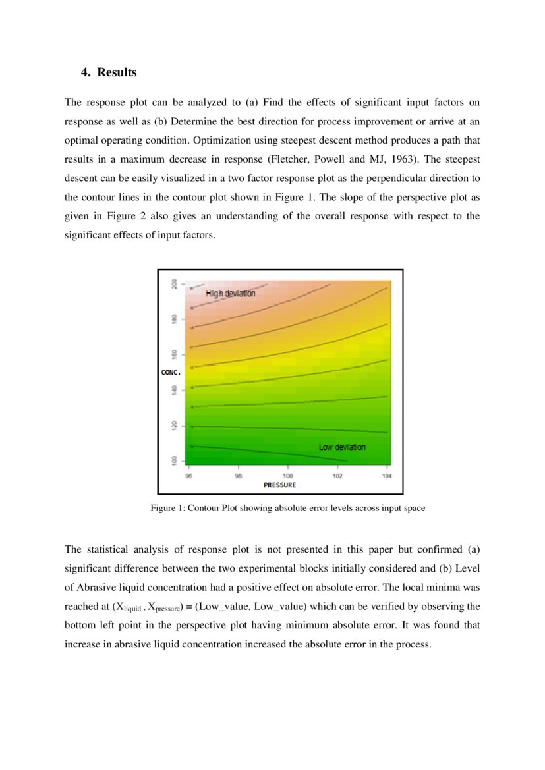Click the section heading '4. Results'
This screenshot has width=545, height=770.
click(x=109, y=72)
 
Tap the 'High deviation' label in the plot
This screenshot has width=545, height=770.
click(x=230, y=294)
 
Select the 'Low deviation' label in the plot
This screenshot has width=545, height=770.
click(x=341, y=447)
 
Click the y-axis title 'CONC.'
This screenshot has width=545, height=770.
click(x=171, y=373)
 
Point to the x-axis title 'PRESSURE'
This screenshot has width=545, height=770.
click(x=279, y=485)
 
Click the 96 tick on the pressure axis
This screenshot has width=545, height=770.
click(x=189, y=475)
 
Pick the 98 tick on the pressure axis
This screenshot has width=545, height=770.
click(x=238, y=475)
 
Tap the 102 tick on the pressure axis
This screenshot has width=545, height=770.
click(x=337, y=475)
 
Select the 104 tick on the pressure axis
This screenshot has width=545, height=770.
click(x=386, y=475)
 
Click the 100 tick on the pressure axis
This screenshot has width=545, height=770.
click(x=288, y=475)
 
